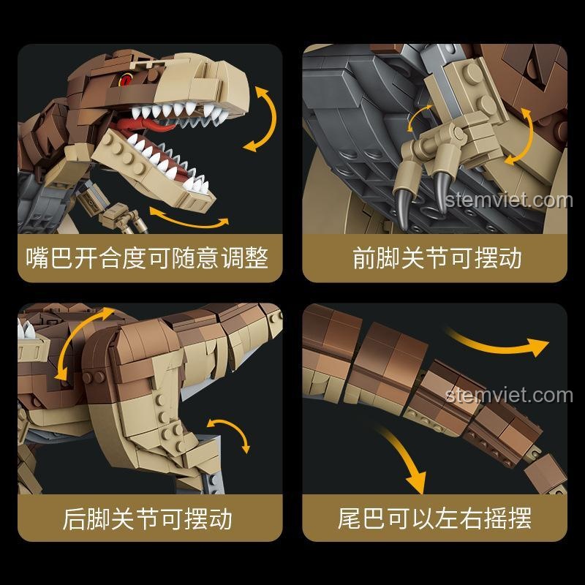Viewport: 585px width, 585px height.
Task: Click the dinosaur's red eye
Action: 126,80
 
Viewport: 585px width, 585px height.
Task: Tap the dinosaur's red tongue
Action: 149,125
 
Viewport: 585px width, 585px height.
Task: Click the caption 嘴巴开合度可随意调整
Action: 147,258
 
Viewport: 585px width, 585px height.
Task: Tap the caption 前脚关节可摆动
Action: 437,258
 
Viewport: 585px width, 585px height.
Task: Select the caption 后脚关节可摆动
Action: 147,518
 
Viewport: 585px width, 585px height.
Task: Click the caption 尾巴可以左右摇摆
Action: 434,518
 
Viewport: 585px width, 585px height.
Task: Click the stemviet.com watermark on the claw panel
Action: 509,200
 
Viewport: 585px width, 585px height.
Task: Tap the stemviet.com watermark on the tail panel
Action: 509,395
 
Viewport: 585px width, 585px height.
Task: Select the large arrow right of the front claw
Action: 526,137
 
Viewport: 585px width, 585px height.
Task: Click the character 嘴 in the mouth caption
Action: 37,258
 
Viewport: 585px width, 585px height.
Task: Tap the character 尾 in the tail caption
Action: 350,518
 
